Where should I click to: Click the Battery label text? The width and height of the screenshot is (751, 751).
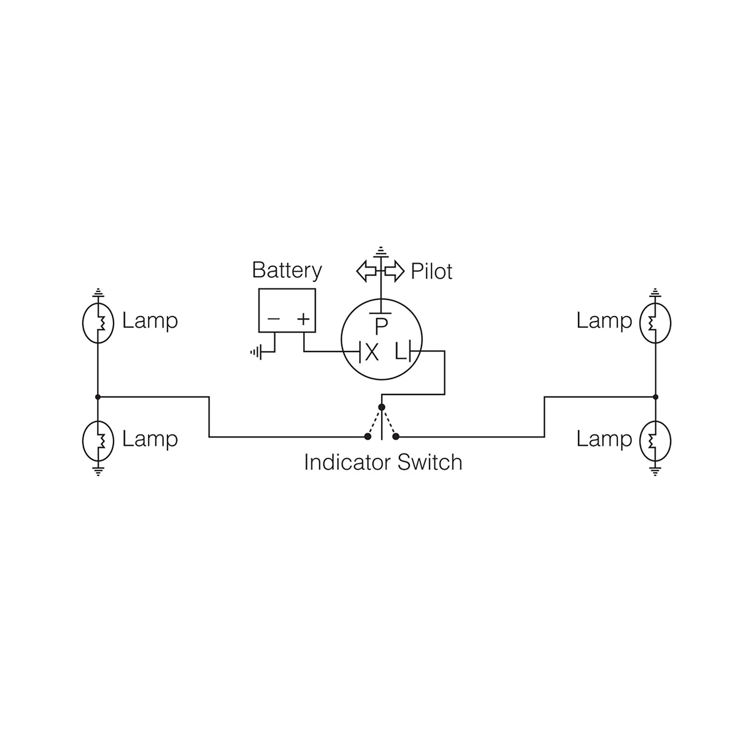tap(287, 271)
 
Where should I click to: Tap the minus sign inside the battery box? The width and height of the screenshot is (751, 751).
tap(274, 319)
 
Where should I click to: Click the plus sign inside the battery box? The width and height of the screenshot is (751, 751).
tap(303, 319)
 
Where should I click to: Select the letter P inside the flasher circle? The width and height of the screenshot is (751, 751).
tap(381, 326)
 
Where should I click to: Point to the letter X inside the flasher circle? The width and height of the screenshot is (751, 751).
tap(371, 352)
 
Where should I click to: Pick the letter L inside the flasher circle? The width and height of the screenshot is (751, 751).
tap(400, 352)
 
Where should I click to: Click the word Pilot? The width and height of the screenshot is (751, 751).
tap(431, 271)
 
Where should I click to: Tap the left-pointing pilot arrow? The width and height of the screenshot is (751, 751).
tap(367, 271)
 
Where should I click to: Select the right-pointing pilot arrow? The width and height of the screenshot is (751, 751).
tap(395, 271)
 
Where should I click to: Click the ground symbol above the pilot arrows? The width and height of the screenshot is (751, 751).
tap(381, 251)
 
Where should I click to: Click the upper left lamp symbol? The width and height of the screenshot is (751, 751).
tap(98, 322)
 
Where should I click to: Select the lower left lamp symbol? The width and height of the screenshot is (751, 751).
tap(98, 441)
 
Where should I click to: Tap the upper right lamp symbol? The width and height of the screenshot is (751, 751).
tap(655, 322)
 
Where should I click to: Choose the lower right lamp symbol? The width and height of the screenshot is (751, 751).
tap(655, 441)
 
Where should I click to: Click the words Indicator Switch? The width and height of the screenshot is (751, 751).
tap(383, 462)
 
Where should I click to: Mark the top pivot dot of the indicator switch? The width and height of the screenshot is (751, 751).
tap(382, 407)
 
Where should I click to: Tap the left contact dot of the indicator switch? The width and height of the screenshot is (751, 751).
tap(368, 436)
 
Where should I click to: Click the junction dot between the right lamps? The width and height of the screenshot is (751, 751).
tap(655, 397)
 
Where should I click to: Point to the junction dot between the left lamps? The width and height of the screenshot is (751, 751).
tap(98, 397)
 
